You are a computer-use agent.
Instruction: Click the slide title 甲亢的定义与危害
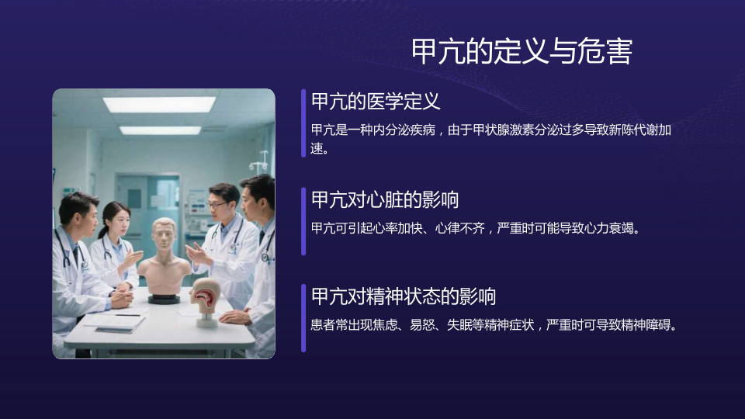[521, 51]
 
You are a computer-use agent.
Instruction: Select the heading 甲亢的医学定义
[376, 101]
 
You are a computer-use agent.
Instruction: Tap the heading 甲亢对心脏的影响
[385, 199]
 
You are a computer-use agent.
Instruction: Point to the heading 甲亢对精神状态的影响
[404, 296]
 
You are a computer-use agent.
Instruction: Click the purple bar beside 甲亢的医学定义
[303, 123]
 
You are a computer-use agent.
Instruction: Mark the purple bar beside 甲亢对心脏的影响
[303, 221]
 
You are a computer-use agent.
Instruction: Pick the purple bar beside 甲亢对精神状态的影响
[303, 318]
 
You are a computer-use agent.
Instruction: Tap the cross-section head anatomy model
[206, 302]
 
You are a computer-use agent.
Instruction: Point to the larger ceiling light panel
[159, 104]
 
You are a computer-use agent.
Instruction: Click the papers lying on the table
[115, 323]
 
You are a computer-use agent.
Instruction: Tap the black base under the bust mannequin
[164, 299]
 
